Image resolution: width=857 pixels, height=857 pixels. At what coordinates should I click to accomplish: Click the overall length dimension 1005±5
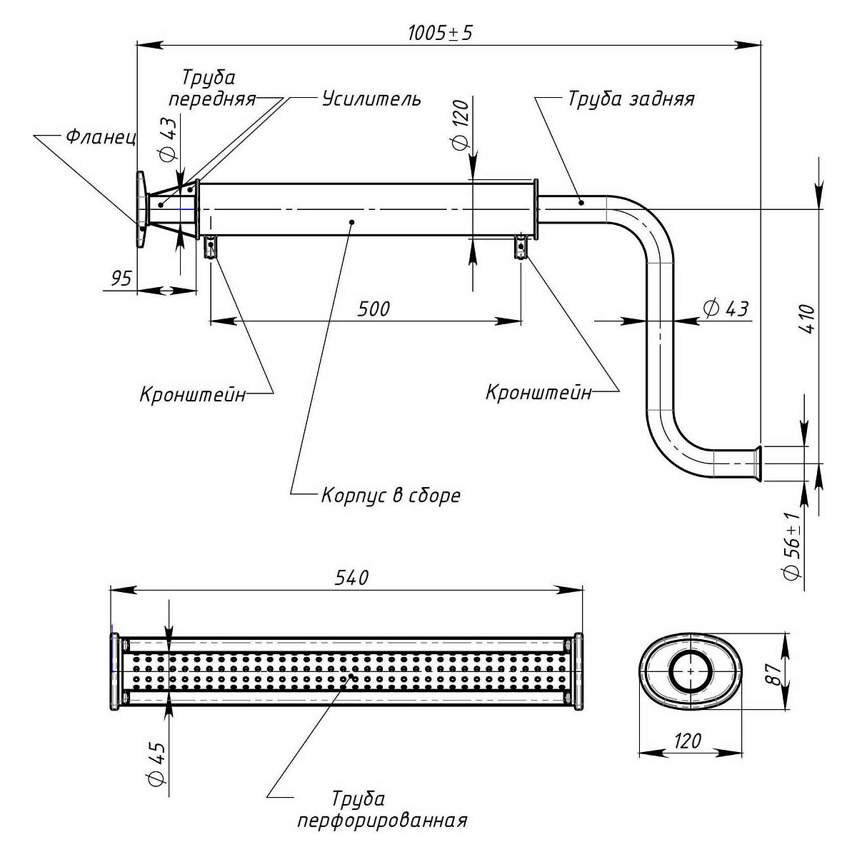pyautogui.click(x=440, y=34)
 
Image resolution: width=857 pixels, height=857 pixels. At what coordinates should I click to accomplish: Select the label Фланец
pyautogui.click(x=101, y=136)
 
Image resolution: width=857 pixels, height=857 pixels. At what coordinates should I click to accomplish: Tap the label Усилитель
pyautogui.click(x=371, y=98)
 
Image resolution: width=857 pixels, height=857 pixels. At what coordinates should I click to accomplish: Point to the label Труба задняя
pyautogui.click(x=631, y=98)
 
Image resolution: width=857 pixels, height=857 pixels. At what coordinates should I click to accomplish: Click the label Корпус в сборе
pyautogui.click(x=391, y=495)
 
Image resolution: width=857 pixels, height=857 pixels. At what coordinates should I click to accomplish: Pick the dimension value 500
pyautogui.click(x=374, y=309)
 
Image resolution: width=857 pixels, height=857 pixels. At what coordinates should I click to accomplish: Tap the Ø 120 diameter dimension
pyautogui.click(x=460, y=125)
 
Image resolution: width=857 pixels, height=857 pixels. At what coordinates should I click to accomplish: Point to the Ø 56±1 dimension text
pyautogui.click(x=791, y=546)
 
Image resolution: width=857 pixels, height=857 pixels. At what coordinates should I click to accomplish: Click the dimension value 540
pyautogui.click(x=351, y=577)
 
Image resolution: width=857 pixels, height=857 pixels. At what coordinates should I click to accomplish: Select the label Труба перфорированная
pyautogui.click(x=382, y=809)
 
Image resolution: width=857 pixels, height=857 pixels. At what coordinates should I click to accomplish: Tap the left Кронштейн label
pyautogui.click(x=193, y=394)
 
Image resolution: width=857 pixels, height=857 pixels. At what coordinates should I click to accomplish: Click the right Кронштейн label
pyautogui.click(x=538, y=392)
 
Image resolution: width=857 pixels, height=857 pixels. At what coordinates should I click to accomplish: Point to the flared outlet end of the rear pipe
pyautogui.click(x=758, y=463)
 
